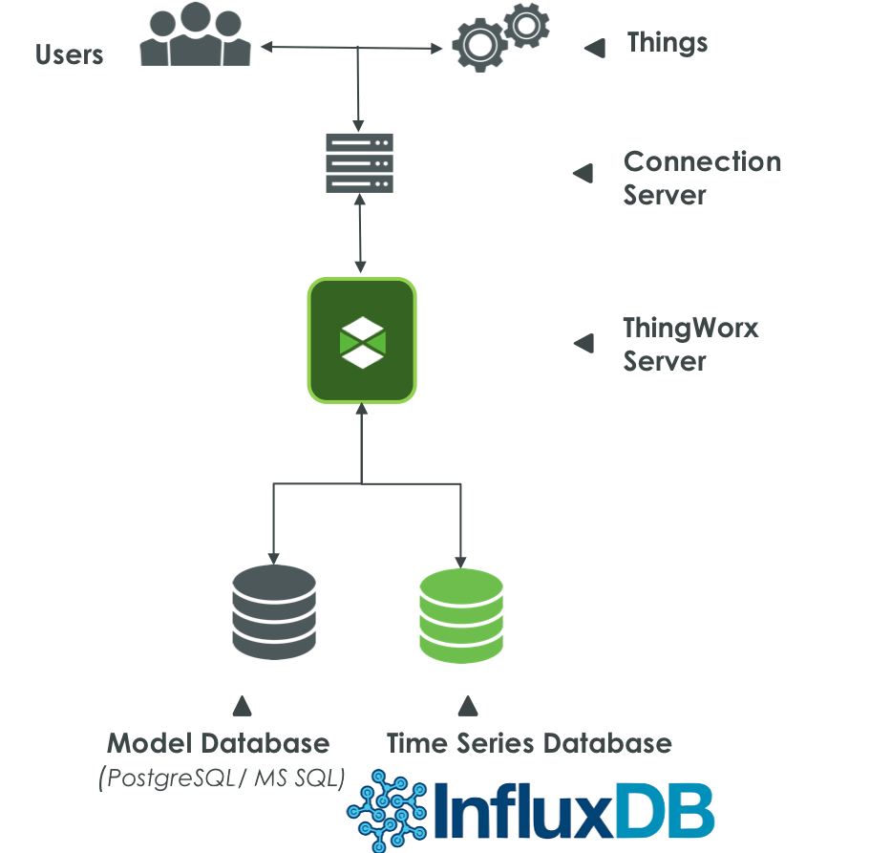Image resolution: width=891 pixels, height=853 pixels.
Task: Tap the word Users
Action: point(69,54)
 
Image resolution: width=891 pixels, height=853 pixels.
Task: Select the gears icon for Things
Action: point(500,36)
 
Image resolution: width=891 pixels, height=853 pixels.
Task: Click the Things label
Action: point(667,43)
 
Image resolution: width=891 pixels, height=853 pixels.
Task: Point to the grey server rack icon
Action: point(359,163)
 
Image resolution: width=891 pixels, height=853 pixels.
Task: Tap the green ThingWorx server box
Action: point(361,340)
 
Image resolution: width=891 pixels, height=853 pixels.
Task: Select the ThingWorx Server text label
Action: point(689,344)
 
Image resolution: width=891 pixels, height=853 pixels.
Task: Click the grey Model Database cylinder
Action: point(273,612)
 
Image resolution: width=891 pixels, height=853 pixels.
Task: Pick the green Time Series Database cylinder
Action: point(461,612)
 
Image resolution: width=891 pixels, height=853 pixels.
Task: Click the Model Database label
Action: point(218,743)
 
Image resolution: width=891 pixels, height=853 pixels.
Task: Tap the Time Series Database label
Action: point(528,743)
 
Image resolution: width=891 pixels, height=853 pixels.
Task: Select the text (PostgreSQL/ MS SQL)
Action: point(221,778)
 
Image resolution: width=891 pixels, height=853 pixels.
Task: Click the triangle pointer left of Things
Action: point(594,47)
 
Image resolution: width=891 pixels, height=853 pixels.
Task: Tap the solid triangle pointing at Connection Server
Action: point(583,173)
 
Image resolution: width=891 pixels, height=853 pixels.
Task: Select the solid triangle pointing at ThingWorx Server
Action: point(583,343)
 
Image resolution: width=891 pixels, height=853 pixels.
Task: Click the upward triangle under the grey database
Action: point(243,706)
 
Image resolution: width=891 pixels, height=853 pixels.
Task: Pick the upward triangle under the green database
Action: point(467,706)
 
